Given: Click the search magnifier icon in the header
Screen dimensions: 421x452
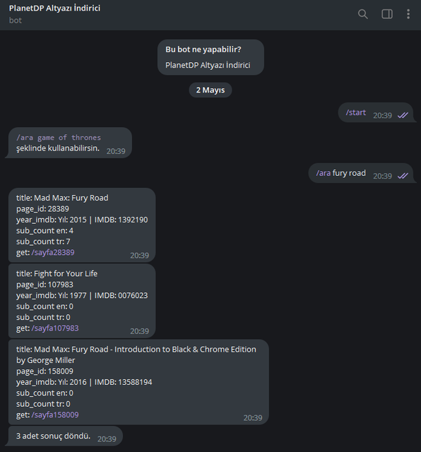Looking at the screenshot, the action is (x=363, y=14).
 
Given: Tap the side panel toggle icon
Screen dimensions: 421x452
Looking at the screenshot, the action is (x=387, y=14).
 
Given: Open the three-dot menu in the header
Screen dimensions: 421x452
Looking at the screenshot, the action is (x=408, y=14).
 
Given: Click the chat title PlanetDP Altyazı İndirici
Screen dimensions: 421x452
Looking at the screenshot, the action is (x=55, y=8).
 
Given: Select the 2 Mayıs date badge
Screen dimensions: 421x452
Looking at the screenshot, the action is (x=210, y=90).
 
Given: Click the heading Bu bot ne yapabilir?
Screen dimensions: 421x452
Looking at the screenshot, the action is (x=203, y=49).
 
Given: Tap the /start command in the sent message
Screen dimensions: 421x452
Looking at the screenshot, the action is (x=356, y=112).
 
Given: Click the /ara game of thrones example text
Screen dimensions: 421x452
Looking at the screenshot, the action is (x=59, y=138).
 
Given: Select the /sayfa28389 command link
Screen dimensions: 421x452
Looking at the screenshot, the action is (x=53, y=253).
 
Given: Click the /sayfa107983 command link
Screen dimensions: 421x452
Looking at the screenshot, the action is (x=55, y=328).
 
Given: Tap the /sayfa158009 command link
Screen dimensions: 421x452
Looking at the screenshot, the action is (x=55, y=415).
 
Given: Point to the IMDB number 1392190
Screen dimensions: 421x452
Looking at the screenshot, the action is (x=133, y=220).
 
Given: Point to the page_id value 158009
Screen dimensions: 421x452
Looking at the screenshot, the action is (x=61, y=371).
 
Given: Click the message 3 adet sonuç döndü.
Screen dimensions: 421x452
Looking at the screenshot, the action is (x=54, y=436).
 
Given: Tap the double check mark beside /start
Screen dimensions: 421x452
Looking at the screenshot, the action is (x=403, y=115).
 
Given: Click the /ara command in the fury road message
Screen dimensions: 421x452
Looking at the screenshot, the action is (x=324, y=173).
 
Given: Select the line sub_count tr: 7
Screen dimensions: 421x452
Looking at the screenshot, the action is (x=43, y=242).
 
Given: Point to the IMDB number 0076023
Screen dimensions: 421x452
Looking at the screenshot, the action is (x=133, y=295).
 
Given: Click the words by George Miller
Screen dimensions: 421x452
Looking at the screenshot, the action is (x=45, y=360).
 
